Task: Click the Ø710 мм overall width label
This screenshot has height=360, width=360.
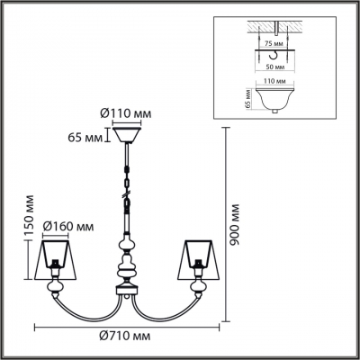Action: [125, 336]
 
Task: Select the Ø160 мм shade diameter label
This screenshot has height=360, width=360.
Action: [68, 227]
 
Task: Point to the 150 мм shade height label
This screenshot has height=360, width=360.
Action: [29, 217]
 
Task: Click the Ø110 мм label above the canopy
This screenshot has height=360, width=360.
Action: [125, 113]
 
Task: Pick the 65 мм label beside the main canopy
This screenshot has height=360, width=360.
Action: [85, 138]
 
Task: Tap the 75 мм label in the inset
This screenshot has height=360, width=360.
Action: [273, 44]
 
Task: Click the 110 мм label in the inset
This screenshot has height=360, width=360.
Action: [275, 81]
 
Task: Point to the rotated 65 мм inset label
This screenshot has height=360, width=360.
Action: [247, 99]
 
